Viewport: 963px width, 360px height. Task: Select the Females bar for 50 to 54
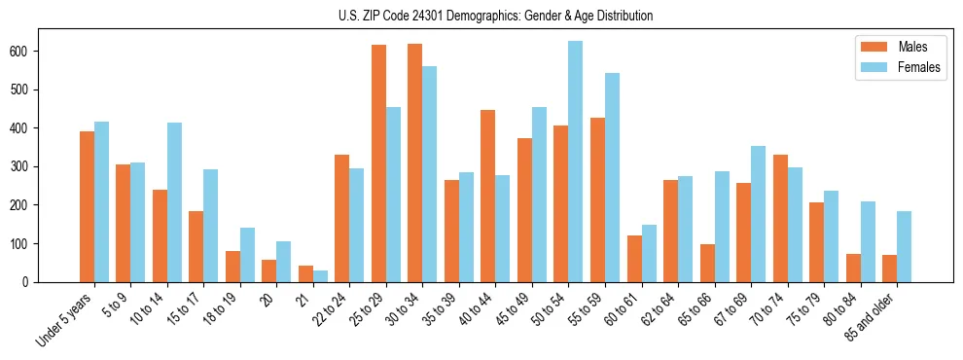[576, 162]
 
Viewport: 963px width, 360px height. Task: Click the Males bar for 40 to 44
[488, 196]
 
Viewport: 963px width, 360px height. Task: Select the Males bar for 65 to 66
[707, 263]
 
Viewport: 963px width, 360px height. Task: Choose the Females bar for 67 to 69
[758, 214]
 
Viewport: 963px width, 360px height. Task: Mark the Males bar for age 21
[305, 273]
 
